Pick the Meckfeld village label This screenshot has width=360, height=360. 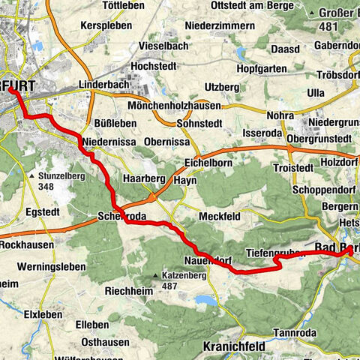coord(219,217)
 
